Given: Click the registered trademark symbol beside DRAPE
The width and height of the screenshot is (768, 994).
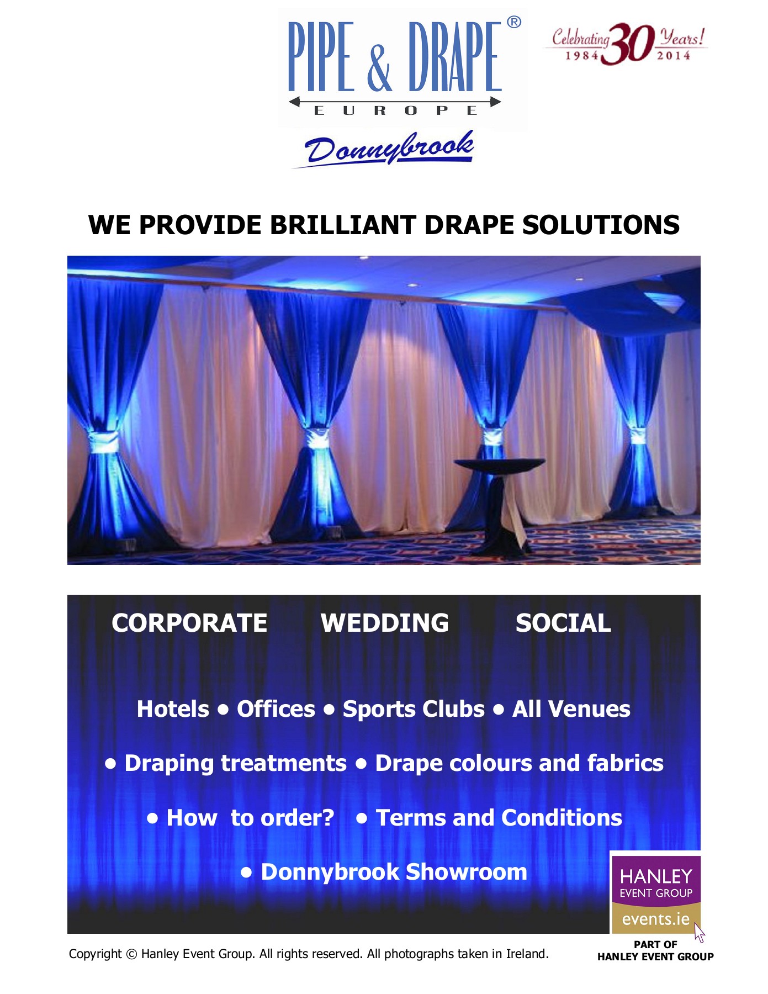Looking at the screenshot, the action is tap(513, 22).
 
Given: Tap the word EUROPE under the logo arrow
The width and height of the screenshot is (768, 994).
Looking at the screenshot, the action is tap(395, 110).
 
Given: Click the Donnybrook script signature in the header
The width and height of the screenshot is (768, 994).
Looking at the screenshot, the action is tap(389, 147).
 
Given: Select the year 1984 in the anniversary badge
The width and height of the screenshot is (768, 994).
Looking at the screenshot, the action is tap(582, 55).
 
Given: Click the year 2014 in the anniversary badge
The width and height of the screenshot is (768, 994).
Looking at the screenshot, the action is tap(674, 55).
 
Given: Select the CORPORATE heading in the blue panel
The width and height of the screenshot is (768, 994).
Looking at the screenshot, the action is tap(189, 623).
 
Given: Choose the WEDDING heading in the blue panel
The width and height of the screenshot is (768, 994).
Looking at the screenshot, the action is tap(385, 623).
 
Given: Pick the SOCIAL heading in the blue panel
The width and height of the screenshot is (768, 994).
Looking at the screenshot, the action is tap(563, 623).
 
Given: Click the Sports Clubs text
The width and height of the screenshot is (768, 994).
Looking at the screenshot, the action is tap(414, 709).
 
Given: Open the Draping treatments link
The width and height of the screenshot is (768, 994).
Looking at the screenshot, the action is tap(235, 763).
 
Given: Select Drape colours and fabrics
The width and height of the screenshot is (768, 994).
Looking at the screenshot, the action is tap(519, 763).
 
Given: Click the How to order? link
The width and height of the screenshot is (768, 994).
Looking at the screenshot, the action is tap(250, 817).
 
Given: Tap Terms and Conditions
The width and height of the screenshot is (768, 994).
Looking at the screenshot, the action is tap(499, 817).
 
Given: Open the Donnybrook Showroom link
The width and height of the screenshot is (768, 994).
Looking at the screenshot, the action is tap(394, 872).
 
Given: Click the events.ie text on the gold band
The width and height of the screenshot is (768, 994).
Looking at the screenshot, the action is tap(655, 919).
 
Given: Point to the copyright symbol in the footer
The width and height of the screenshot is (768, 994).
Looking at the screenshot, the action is tap(131, 954).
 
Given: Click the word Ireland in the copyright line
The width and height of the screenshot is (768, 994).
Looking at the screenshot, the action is tap(527, 954).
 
